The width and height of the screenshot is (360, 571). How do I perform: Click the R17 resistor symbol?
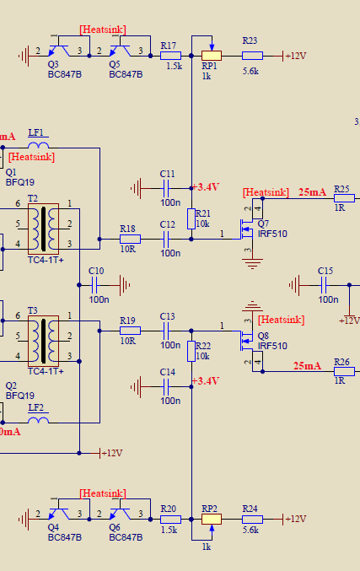click(x=170, y=56)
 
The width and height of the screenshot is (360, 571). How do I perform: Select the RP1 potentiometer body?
click(x=212, y=56)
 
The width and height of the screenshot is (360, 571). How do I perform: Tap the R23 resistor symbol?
click(x=252, y=56)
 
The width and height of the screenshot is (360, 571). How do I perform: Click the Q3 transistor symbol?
click(x=59, y=51)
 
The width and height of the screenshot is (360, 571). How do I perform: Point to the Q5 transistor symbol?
click(x=120, y=51)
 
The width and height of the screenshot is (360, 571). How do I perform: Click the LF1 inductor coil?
click(x=38, y=145)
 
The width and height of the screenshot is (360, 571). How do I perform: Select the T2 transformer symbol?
click(x=43, y=229)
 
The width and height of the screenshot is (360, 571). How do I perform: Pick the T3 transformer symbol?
click(x=43, y=342)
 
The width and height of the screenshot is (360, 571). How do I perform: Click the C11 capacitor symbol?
click(x=166, y=188)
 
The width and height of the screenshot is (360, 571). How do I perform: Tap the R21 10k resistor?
click(x=191, y=218)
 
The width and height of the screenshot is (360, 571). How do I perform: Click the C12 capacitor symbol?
click(x=166, y=240)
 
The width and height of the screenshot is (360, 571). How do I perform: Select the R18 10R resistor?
click(x=130, y=240)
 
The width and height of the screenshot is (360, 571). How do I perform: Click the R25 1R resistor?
click(x=344, y=198)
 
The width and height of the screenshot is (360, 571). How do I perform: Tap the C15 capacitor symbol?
click(x=324, y=285)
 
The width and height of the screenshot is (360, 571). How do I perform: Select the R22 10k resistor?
click(x=191, y=352)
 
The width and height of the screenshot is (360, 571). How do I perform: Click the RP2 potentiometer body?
click(x=212, y=519)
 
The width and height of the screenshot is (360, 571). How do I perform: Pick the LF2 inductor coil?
click(x=38, y=420)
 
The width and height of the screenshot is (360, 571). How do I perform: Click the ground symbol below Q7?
click(x=252, y=263)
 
